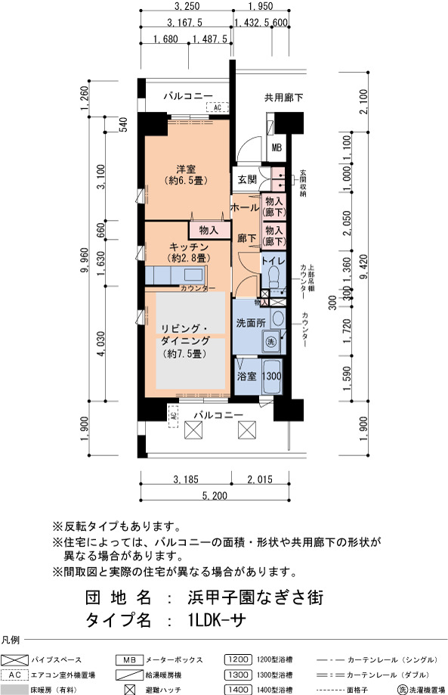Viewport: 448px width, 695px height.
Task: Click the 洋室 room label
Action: [186, 169]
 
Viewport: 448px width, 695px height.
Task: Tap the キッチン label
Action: [189, 247]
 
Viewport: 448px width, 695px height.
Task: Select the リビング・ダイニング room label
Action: [185, 335]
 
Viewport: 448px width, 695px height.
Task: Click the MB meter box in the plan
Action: [277, 147]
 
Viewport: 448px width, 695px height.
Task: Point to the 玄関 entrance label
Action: [247, 179]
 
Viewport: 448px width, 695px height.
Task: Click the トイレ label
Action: [273, 261]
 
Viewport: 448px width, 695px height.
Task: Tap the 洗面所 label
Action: [251, 323]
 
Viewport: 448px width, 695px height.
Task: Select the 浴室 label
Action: [246, 377]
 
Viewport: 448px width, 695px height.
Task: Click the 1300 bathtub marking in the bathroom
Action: [271, 377]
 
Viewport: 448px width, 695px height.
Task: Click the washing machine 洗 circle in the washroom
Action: [270, 342]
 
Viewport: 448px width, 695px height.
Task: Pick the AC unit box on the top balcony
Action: [218, 107]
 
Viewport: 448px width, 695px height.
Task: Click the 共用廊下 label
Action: [284, 98]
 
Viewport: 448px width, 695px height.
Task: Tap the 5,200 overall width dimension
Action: [215, 495]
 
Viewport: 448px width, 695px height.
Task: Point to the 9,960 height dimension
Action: [85, 262]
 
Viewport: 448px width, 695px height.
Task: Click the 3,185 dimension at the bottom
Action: [186, 479]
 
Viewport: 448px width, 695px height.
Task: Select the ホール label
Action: [245, 207]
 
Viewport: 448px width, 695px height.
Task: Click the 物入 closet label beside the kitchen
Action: [209, 231]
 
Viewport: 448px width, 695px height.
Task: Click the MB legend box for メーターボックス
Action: [129, 660]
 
